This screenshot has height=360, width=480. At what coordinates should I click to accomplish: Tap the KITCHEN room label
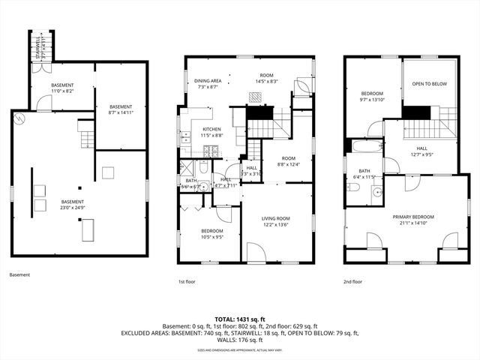click(212, 129)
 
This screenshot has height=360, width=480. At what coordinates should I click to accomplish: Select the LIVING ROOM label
click(276, 218)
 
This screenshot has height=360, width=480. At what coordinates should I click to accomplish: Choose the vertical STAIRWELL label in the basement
click(36, 48)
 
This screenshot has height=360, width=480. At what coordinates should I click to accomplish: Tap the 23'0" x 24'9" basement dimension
click(73, 207)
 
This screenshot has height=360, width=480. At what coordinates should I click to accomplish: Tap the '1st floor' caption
click(187, 282)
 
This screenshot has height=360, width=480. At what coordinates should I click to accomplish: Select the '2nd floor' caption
click(352, 282)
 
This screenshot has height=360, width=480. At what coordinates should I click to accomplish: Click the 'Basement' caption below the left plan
click(20, 275)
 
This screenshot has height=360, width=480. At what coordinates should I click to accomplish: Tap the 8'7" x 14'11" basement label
click(121, 112)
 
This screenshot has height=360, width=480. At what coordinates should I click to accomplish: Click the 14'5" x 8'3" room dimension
click(266, 81)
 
